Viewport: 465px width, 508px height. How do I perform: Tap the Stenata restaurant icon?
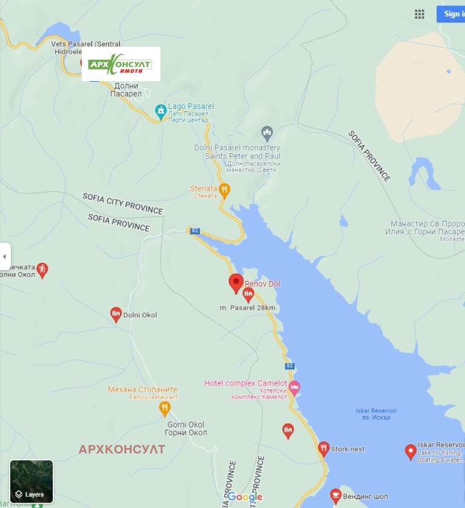point(224,190)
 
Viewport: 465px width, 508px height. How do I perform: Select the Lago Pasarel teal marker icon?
point(160,111)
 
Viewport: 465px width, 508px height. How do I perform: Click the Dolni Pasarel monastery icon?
point(267,131)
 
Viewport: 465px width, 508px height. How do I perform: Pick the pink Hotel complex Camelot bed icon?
point(294,387)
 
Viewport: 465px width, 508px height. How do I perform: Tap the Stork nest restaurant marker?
point(324,449)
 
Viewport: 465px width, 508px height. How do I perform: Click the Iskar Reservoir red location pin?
point(411,451)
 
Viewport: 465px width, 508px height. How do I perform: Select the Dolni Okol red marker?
point(116,314)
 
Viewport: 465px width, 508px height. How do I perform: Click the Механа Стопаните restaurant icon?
point(165,409)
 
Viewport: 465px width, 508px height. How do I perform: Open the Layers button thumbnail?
point(31,481)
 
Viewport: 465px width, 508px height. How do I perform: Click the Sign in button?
point(451,14)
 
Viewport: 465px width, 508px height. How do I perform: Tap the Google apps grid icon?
point(420,14)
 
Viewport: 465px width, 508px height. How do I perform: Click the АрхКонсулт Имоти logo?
point(121,64)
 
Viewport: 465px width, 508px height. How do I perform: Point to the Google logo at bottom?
point(245,497)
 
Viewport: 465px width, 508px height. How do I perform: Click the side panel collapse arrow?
point(5,256)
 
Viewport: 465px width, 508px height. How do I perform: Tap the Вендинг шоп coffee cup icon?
point(335,496)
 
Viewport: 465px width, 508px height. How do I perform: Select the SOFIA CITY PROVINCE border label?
point(123,204)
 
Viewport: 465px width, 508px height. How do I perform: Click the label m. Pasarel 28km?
point(249,308)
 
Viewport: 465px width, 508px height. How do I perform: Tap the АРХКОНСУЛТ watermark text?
point(122,449)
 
